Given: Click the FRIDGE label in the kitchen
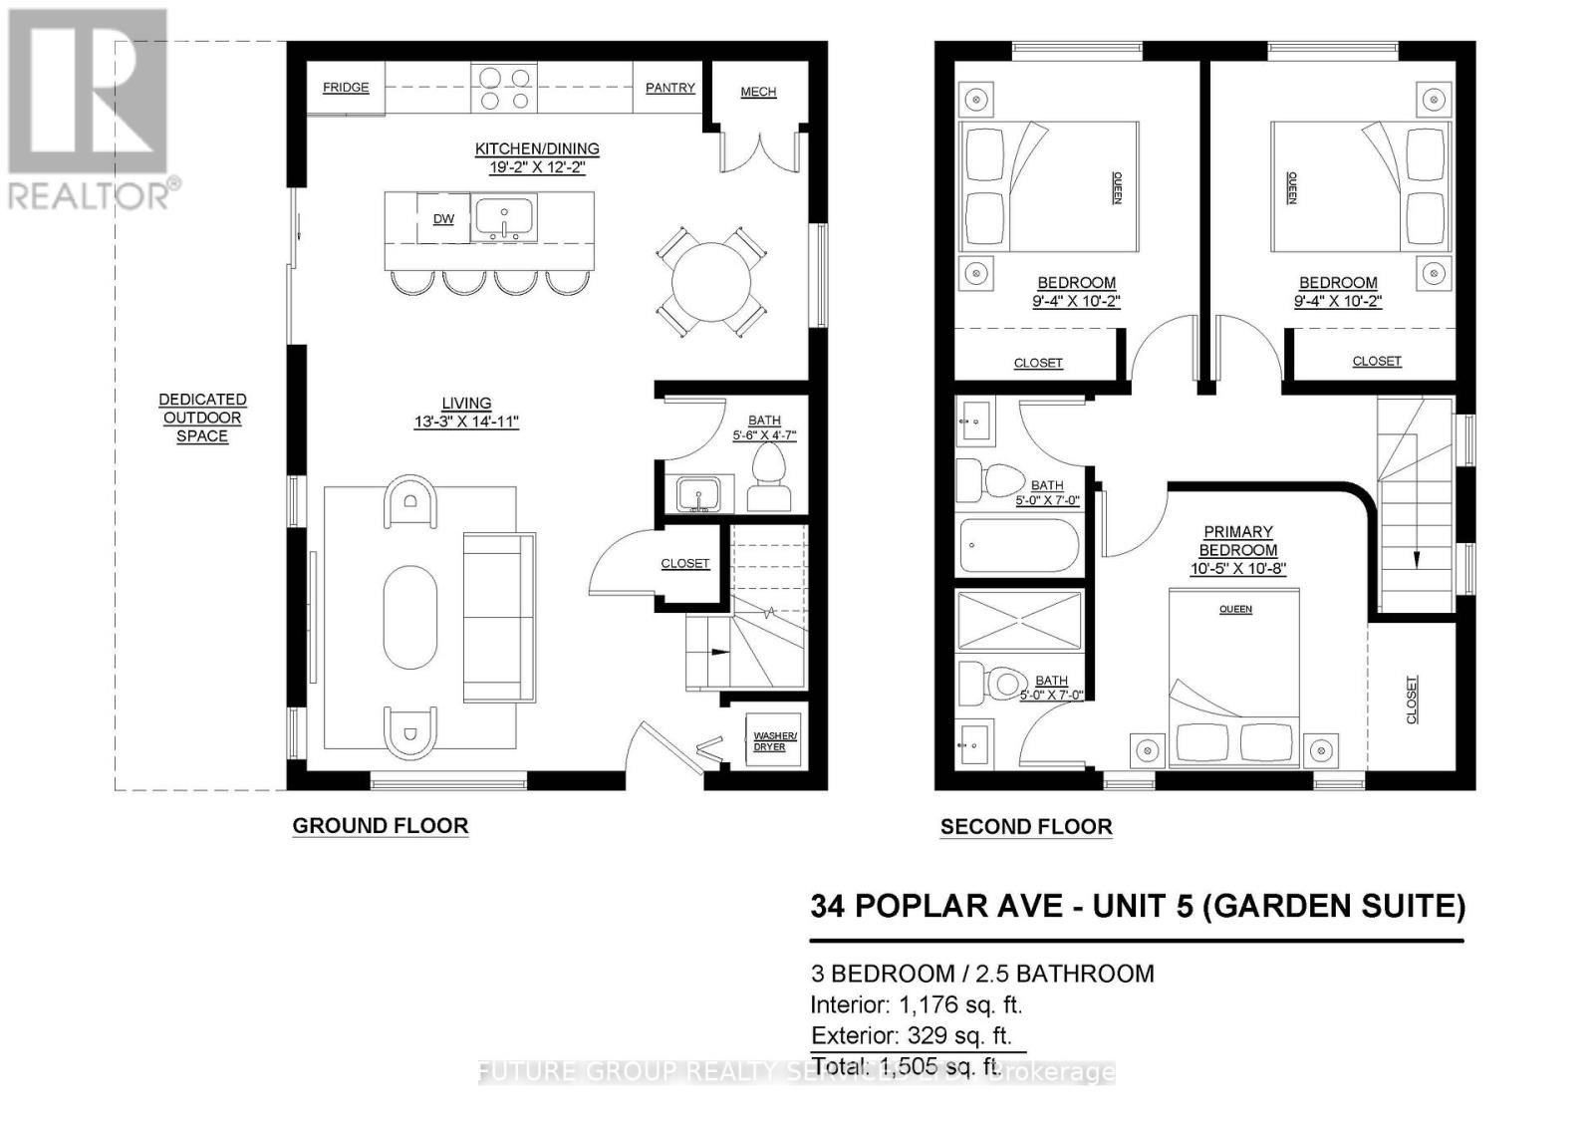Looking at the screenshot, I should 346,88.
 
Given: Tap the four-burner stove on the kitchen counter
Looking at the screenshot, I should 504,89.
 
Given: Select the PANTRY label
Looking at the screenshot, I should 669,88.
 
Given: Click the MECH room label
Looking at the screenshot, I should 758,92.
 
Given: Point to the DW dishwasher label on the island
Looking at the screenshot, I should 443,219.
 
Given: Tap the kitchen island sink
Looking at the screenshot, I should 505,218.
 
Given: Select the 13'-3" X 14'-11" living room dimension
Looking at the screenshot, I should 466,423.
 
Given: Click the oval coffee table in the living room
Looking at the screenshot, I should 409,618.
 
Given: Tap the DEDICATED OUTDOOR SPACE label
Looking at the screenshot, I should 202,418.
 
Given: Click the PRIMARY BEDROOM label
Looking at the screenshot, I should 1237,541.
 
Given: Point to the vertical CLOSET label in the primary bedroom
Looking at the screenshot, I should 1412,700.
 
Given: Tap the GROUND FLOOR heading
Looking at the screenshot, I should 380,826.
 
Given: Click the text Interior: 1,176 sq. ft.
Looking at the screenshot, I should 916,1004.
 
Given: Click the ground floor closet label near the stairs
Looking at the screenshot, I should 685,564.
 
